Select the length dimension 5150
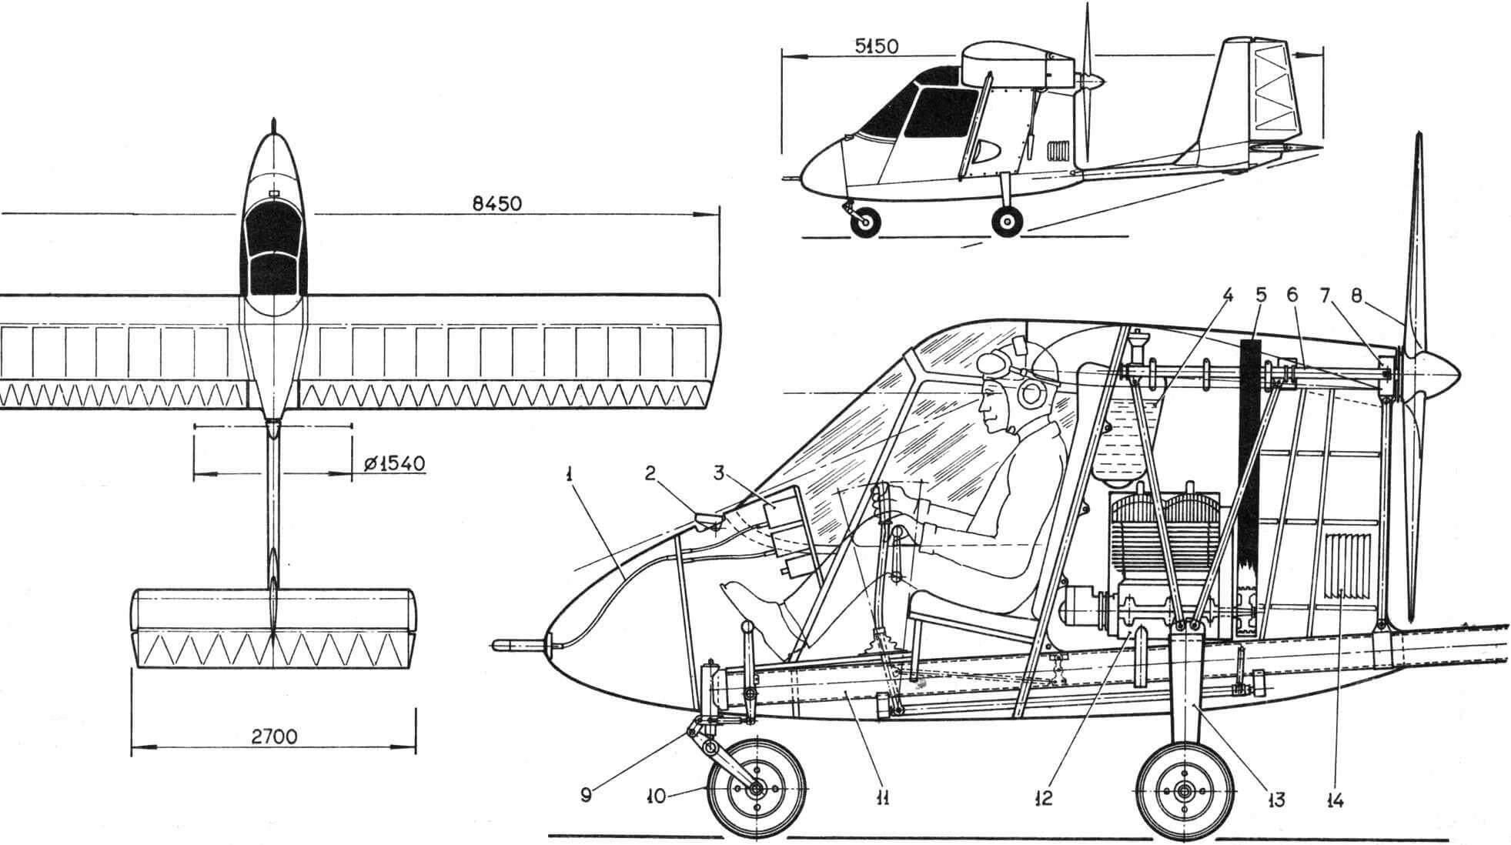point(876,46)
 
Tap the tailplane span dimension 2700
point(274,736)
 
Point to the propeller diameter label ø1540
point(393,464)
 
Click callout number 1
point(568,497)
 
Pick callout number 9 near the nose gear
point(586,797)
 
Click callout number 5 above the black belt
point(1259,295)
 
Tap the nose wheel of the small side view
point(865,222)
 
